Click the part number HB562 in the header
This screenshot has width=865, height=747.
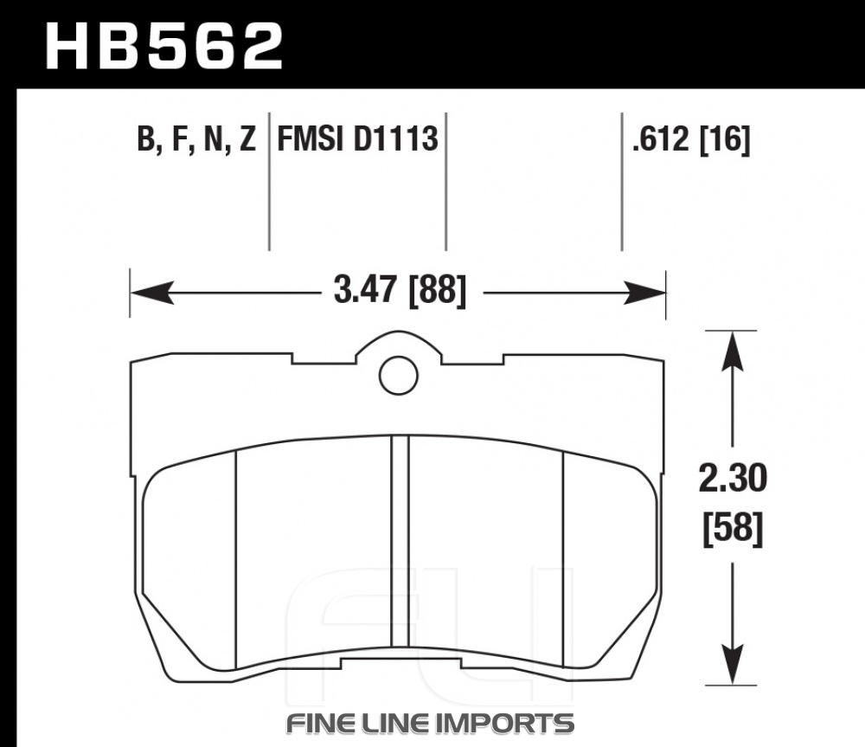[163, 47]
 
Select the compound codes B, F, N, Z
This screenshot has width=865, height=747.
[196, 138]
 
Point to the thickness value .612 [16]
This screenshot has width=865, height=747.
[691, 138]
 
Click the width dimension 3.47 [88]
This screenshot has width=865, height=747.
[400, 290]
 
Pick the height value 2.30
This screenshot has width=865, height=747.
[733, 478]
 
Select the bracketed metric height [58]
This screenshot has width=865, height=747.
[733, 529]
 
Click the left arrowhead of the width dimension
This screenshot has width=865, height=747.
[152, 292]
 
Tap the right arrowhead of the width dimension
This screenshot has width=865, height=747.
[644, 292]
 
